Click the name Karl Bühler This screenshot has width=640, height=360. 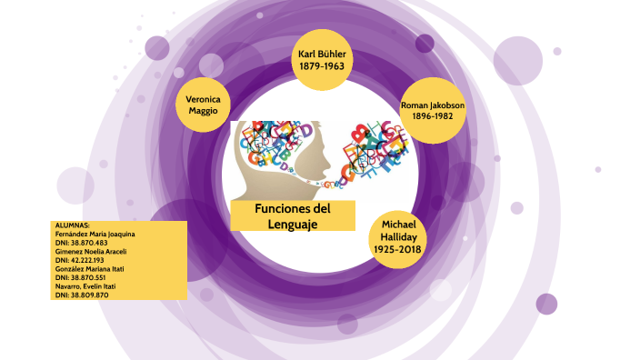323,55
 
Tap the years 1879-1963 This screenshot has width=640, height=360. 323,67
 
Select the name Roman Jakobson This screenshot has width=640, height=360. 433,105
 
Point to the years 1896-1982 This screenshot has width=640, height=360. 433,117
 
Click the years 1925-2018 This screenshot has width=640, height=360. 397,250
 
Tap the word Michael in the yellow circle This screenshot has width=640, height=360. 397,224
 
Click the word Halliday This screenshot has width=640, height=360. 397,236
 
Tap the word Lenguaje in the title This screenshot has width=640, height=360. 292,223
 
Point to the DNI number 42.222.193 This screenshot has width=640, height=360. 87,260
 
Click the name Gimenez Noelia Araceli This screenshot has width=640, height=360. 90,252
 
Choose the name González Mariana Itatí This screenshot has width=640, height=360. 90,269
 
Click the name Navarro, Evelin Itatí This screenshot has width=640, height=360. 85,286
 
